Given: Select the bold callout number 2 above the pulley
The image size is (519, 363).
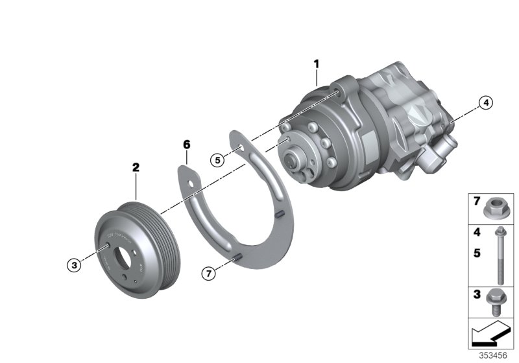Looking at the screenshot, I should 136,167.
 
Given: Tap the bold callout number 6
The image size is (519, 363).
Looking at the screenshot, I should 186,144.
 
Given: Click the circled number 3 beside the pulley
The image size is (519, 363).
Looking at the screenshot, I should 76,264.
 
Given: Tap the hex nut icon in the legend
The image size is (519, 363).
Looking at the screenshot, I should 496,208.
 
